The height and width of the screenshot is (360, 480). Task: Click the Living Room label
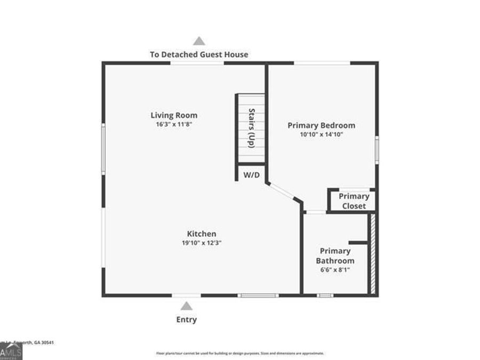174,115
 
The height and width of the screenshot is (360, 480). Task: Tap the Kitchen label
201,234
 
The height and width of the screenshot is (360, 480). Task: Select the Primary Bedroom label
321,125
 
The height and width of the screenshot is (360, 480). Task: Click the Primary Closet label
354,201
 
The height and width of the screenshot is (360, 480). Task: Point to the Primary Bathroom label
335,256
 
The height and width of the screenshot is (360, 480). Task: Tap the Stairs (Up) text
251,128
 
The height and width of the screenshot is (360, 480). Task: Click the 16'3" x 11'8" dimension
174,124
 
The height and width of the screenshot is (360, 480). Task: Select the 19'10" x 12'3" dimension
201,243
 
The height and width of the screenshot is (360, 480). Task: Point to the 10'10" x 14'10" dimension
321,134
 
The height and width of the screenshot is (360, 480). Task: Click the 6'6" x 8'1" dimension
335,270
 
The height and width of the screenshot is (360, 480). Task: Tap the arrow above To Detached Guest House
199,41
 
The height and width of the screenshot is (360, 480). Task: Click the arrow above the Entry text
186,306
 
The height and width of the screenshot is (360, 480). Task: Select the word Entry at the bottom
186,320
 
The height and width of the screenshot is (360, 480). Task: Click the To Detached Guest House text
199,54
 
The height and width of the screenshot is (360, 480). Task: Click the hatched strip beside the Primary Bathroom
373,253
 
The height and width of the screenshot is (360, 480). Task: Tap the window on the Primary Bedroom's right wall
377,150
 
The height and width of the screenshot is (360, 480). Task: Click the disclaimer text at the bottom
239,353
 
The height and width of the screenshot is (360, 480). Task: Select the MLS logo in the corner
11,351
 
